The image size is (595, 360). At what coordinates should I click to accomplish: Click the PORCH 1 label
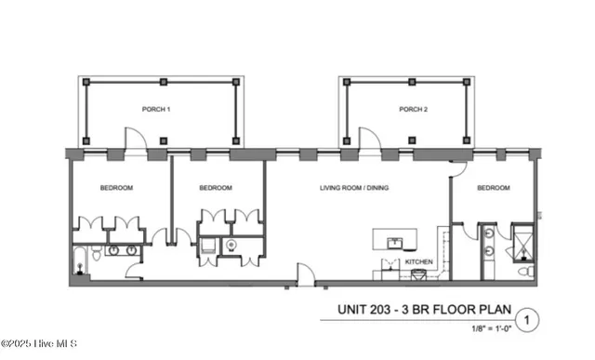pos(155,109)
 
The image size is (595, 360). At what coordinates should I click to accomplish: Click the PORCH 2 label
pos(413,109)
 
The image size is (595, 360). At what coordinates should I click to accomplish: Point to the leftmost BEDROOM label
pos(116,188)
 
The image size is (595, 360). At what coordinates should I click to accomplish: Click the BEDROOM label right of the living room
pos(494,188)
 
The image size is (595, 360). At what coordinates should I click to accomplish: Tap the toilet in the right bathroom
pos(526,271)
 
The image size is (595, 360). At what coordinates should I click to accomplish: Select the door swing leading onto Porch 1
pos(136,139)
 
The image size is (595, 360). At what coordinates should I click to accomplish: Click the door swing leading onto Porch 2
pos(368,139)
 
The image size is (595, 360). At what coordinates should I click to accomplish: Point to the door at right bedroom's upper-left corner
pos(457,168)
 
